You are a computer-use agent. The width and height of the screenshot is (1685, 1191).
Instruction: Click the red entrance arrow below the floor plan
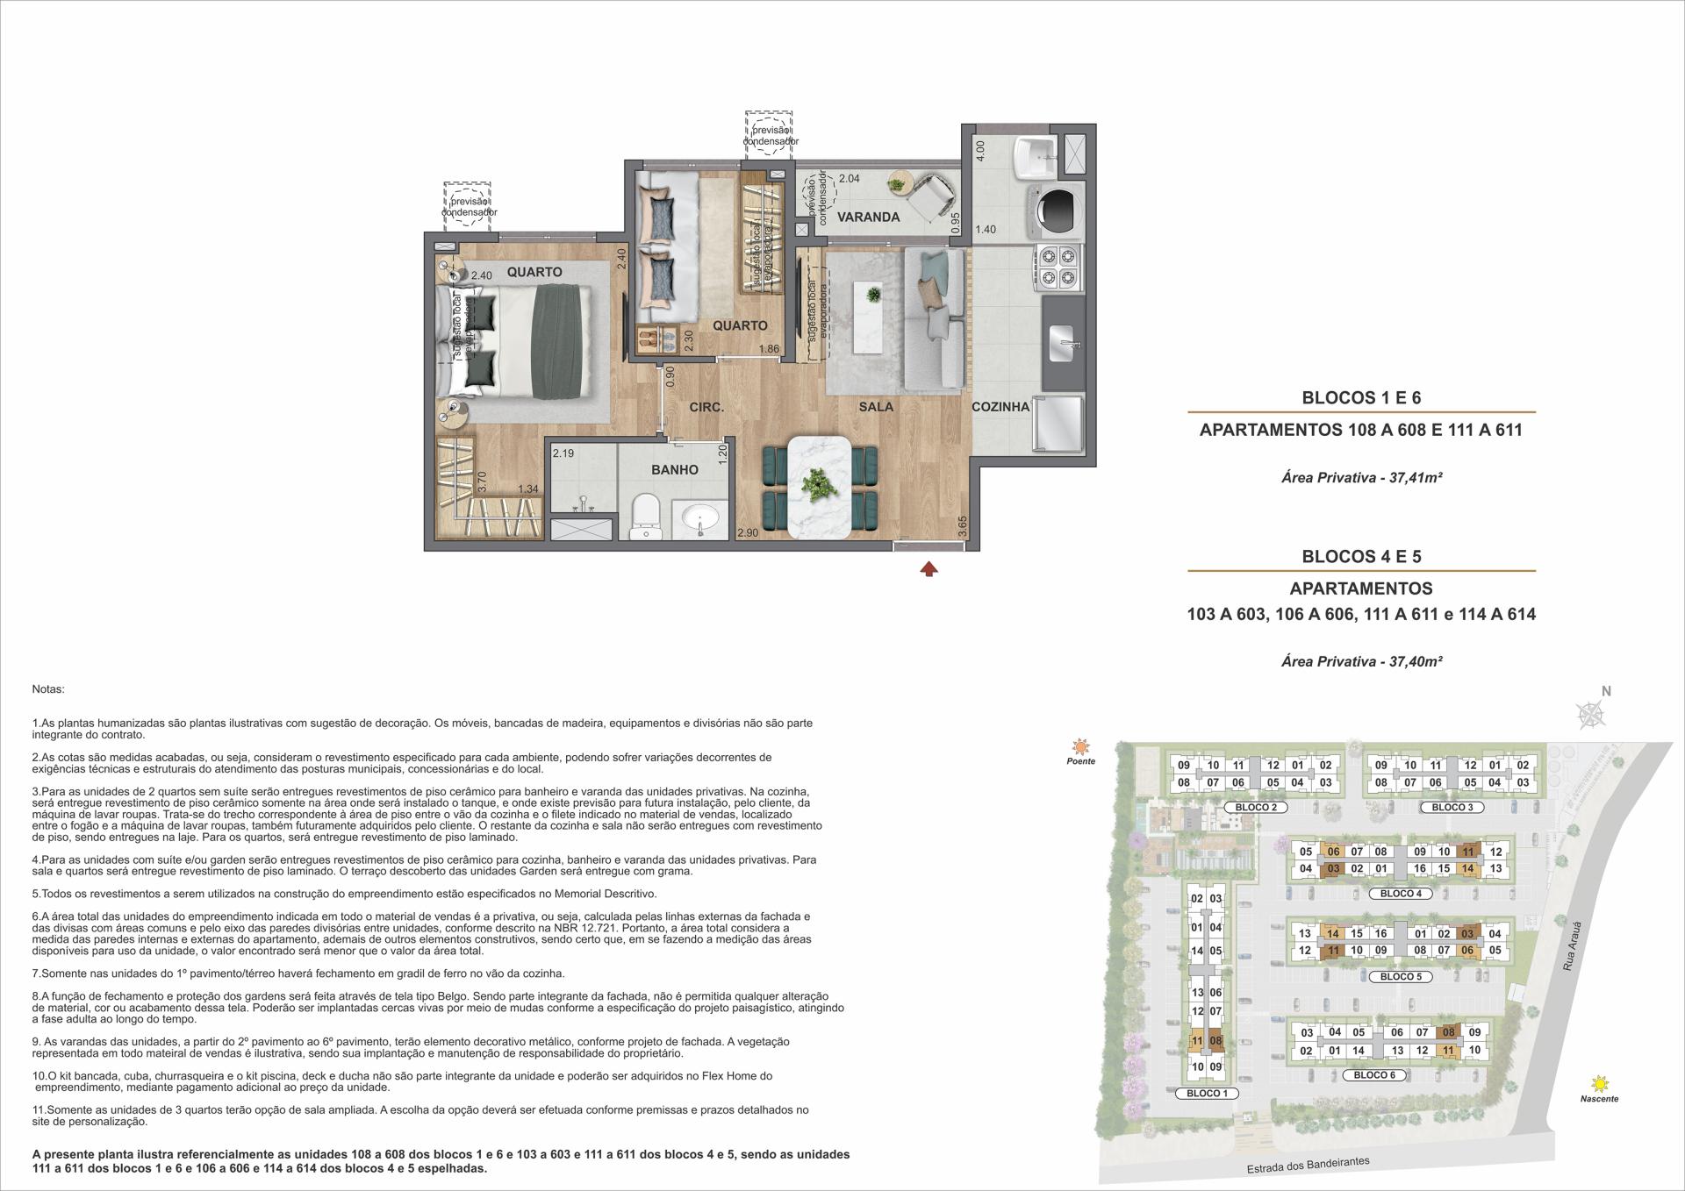(929, 569)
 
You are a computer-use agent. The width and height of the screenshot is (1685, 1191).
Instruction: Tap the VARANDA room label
(868, 217)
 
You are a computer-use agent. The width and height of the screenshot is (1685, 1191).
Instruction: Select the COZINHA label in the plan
(1000, 407)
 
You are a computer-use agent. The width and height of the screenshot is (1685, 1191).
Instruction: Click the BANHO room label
(675, 470)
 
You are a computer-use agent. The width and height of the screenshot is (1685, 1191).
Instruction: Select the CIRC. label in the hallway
(706, 407)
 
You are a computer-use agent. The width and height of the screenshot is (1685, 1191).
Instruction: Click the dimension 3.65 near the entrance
(963, 527)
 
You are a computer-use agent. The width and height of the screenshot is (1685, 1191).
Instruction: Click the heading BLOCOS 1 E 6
(1361, 397)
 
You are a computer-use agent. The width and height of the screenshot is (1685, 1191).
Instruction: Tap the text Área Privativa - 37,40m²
(1361, 661)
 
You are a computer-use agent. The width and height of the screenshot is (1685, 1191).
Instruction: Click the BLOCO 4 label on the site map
(1401, 894)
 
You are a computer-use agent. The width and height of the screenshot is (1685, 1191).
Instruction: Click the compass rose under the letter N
(1591, 715)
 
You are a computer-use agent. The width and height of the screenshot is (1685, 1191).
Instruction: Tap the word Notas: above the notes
(47, 690)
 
